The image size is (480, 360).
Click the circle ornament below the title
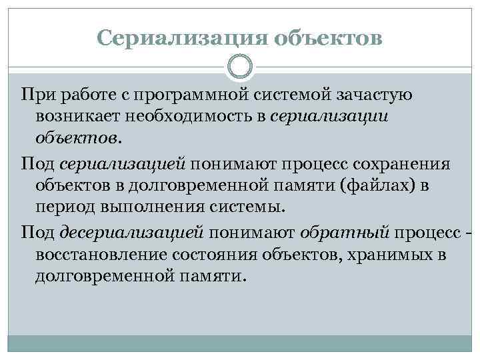pyautogui.click(x=240, y=67)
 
